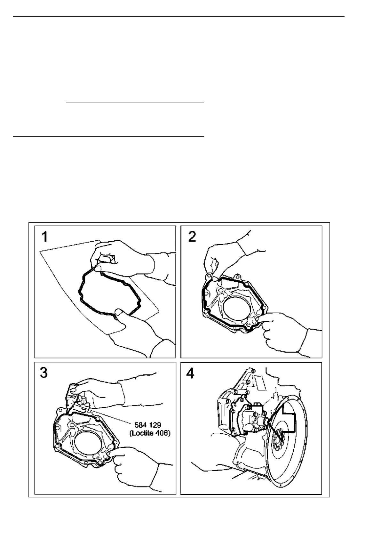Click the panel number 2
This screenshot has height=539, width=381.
(x=192, y=237)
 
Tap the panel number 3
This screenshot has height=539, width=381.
(x=44, y=373)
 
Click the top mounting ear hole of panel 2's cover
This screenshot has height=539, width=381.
(x=237, y=277)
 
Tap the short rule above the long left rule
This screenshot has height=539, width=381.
(x=135, y=102)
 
